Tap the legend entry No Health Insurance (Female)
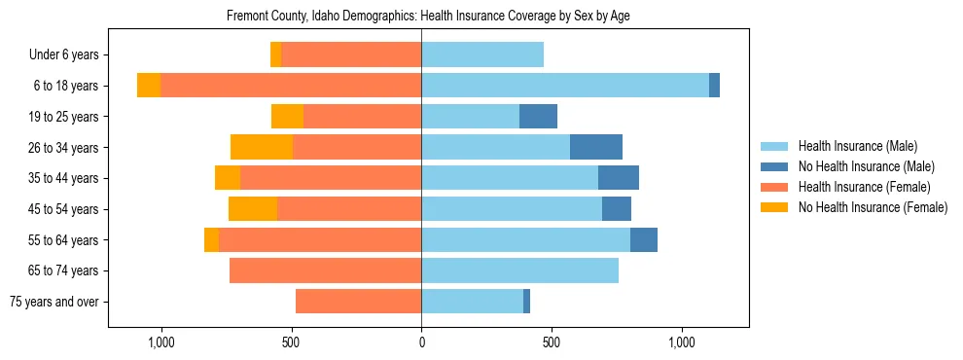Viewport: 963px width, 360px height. coord(873,207)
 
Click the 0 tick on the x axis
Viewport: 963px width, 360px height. coord(421,342)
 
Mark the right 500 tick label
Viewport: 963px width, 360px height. coord(552,342)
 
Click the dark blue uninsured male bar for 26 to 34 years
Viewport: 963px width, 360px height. coord(596,148)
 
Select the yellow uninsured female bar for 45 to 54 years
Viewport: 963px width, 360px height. coord(253,209)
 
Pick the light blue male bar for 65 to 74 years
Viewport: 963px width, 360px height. coord(519,270)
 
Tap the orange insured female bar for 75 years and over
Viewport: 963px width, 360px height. coord(358,302)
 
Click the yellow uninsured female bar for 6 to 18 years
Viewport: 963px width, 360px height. coord(149,86)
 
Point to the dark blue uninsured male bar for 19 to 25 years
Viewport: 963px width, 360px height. coord(538,117)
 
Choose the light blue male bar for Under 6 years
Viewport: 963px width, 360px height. coord(482,55)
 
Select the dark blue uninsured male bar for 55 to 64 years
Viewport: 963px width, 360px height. coord(644,240)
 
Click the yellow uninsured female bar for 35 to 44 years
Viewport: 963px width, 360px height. coord(228,178)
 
